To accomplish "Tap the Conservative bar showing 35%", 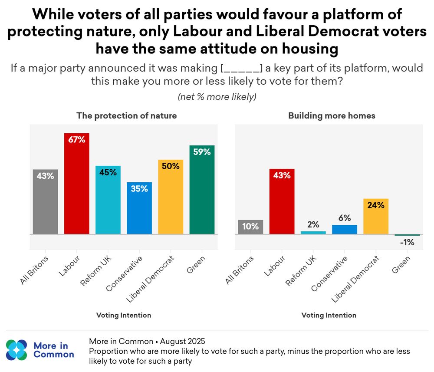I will tap(139, 208).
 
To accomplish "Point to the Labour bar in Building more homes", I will tap(282, 201).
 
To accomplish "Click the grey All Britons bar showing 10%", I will tap(250, 227).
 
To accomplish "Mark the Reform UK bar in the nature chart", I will tap(108, 200).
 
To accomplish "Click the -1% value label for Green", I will tap(407, 243).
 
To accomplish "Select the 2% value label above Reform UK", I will tap(313, 224).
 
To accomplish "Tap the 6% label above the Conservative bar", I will tap(345, 218).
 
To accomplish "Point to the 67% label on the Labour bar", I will tap(76, 139).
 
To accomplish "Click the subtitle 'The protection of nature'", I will tap(127, 115).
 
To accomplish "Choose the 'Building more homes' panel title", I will tap(332, 115).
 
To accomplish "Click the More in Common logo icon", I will tap(16, 350).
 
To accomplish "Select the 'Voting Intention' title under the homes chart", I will tap(329, 315).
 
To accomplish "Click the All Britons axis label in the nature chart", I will tap(36, 270).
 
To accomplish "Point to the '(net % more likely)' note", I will tap(217, 97).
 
